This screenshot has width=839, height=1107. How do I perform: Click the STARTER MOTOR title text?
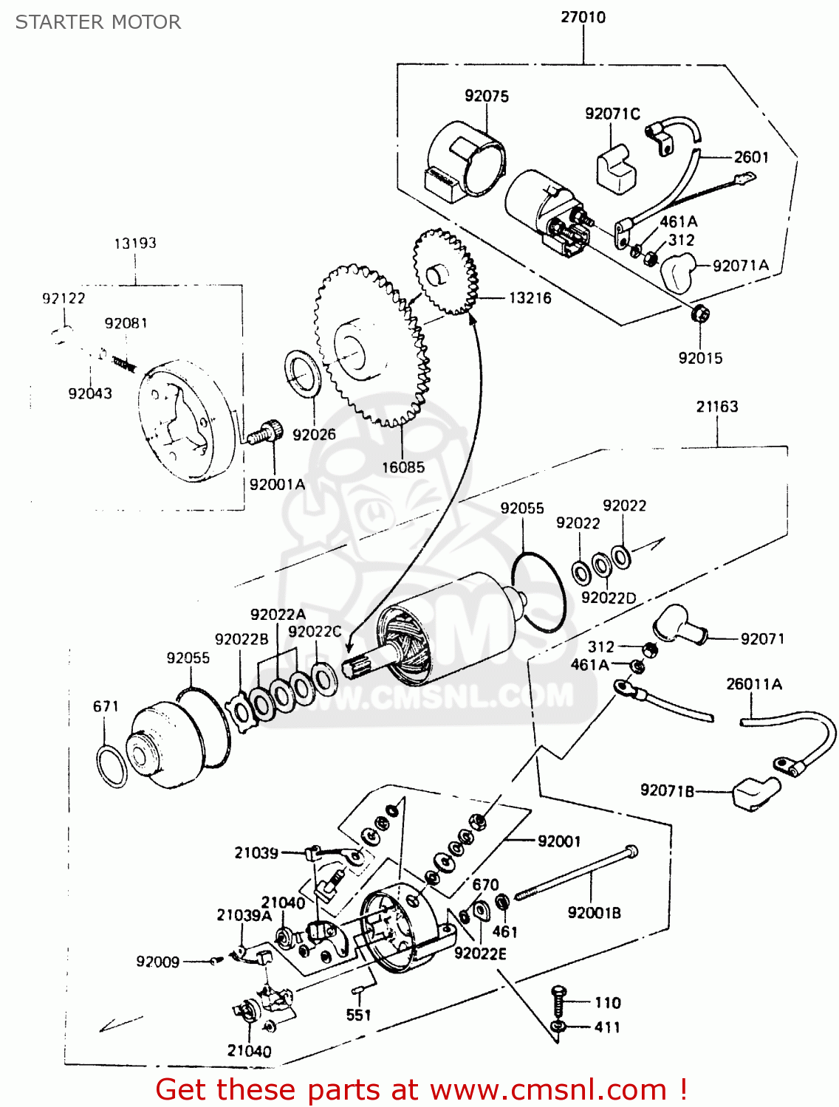point(98,22)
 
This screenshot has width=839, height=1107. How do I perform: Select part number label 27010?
point(583,17)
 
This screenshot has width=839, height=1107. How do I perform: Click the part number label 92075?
point(486,96)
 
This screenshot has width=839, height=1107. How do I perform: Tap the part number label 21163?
point(716,407)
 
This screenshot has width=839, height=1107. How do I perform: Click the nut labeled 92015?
point(699,314)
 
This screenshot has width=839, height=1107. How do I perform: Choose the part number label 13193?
point(135,243)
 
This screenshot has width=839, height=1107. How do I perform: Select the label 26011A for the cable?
point(753,684)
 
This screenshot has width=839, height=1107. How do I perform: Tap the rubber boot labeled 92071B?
point(753,793)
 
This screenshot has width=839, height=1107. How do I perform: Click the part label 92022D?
point(608,598)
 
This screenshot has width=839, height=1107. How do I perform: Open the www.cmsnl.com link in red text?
point(549,1089)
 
